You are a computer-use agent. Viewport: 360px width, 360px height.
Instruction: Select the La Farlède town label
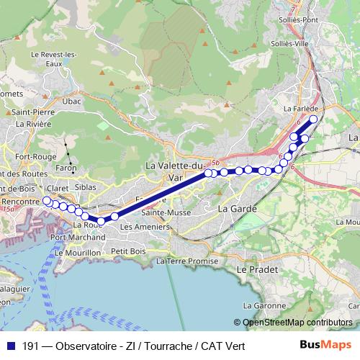coord(311,107)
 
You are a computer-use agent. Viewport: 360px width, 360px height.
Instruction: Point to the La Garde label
coord(234,208)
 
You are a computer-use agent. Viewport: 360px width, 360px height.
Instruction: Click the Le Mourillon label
coord(84,254)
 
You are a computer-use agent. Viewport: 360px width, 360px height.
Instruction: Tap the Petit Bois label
coord(129,251)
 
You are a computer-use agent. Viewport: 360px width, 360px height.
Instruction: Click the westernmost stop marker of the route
coord(47,201)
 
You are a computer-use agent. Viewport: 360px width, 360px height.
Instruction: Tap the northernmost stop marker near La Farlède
coord(313,119)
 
